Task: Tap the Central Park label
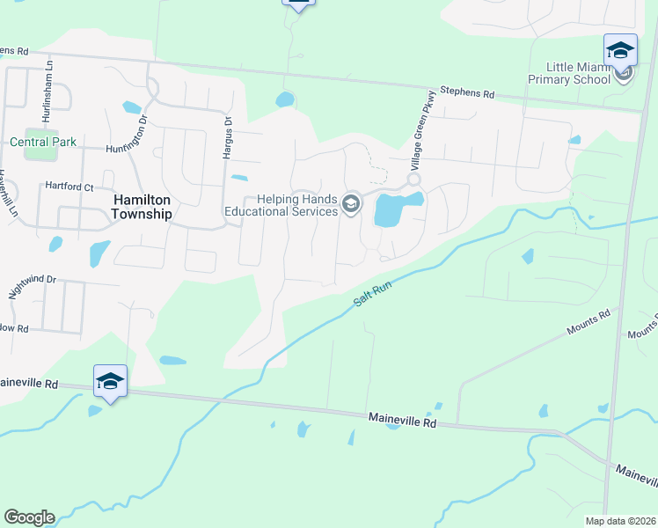pos(43,142)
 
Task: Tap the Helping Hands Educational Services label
pos(281,205)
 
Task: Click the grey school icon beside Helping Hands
pos(351,205)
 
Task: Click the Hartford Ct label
pos(69,187)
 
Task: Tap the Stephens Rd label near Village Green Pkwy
pos(467,92)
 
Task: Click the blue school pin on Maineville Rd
pos(110,382)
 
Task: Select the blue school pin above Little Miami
pos(620,50)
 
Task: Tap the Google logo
pos(29,517)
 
